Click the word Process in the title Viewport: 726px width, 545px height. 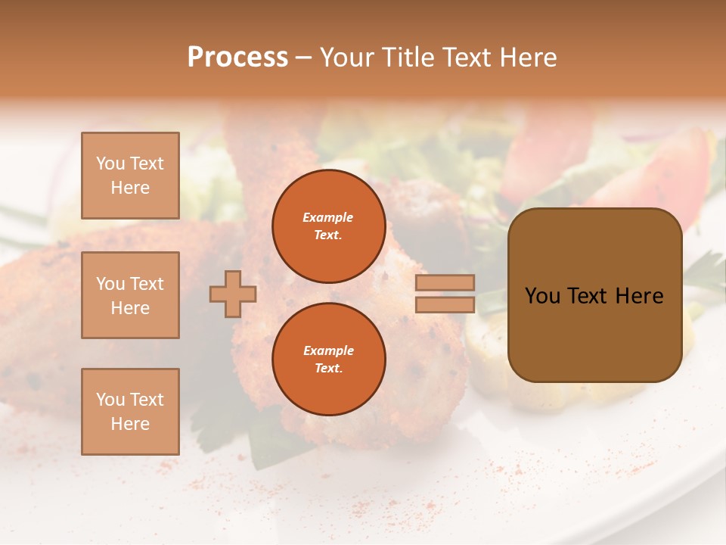click(237, 58)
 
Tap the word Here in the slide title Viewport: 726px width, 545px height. click(526, 58)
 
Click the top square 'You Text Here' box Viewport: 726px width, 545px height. click(130, 176)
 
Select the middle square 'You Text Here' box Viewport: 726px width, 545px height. click(130, 295)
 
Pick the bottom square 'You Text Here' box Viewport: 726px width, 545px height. click(130, 412)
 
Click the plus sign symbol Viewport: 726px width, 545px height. click(233, 294)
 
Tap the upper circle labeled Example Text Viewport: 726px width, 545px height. click(328, 226)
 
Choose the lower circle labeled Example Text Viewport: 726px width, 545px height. click(328, 359)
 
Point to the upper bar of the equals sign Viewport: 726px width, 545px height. click(445, 282)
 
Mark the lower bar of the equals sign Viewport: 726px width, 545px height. click(445, 304)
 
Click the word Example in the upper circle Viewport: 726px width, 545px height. click(328, 217)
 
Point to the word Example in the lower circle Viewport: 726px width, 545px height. click(328, 350)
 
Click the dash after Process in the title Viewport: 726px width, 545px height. click(304, 58)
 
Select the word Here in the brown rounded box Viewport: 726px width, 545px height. click(639, 296)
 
